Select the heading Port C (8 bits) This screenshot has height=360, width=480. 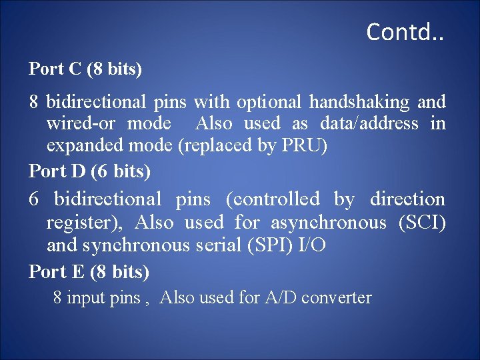[85, 69]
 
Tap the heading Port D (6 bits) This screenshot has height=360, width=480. [90, 171]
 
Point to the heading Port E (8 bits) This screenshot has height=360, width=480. [89, 271]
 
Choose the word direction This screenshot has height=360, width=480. [407, 199]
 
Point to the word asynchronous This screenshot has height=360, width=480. [327, 222]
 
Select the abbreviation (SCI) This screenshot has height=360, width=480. [422, 222]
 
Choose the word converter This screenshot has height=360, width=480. [337, 297]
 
